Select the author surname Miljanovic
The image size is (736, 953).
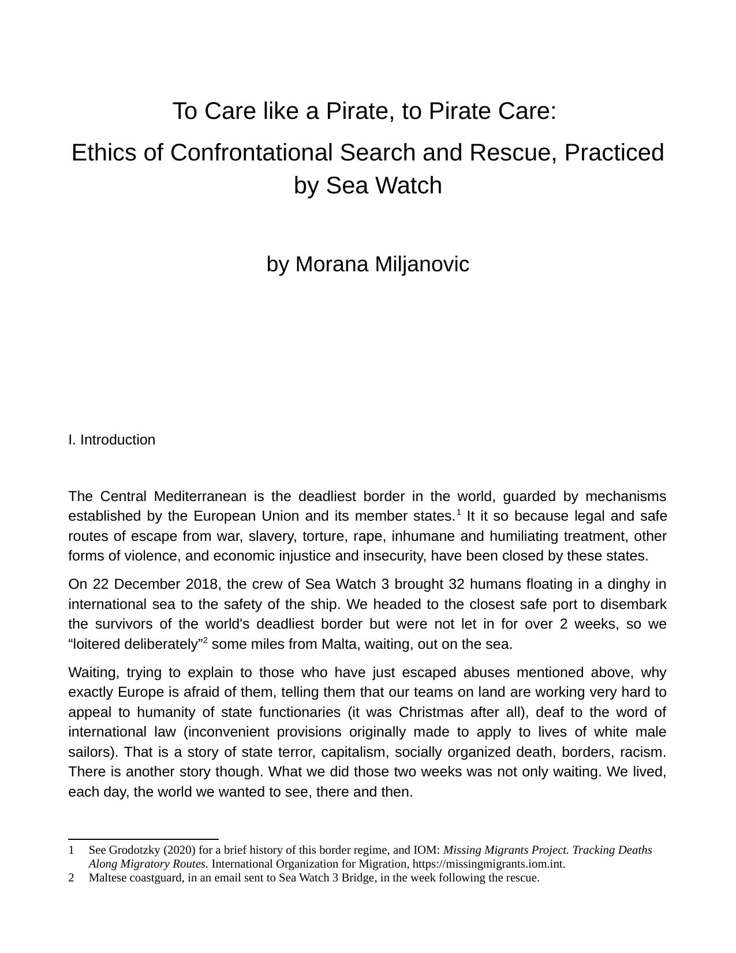[x=422, y=264]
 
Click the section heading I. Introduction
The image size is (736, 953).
[x=111, y=440]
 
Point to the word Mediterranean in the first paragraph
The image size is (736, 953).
[x=200, y=496]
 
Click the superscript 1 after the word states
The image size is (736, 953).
[x=459, y=512]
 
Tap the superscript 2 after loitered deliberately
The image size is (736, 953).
[x=205, y=641]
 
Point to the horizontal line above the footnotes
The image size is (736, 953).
[x=143, y=839]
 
